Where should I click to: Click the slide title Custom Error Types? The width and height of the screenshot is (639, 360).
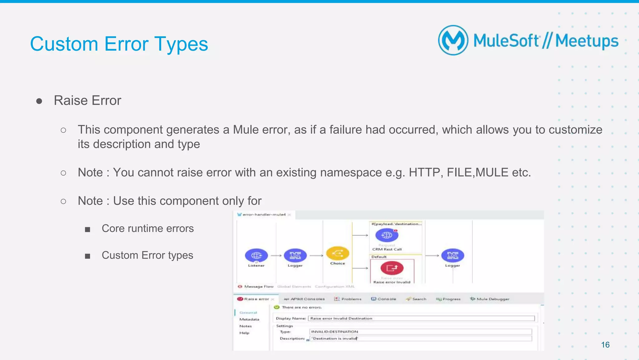(x=119, y=44)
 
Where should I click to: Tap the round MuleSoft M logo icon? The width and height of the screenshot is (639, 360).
(x=453, y=40)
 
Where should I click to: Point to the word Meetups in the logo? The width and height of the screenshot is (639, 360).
(x=587, y=41)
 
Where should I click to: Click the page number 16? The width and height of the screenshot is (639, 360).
(x=605, y=345)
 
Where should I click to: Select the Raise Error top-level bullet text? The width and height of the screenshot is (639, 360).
(x=87, y=101)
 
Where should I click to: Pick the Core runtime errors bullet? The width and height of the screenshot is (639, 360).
(x=148, y=229)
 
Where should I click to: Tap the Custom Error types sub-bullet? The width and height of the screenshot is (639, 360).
(x=147, y=255)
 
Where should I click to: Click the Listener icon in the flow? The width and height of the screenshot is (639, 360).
(x=256, y=255)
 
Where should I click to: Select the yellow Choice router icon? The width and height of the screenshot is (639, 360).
(x=338, y=253)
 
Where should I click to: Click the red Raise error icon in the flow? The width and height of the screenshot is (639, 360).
(x=392, y=268)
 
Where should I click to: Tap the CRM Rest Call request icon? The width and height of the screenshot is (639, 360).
(x=387, y=235)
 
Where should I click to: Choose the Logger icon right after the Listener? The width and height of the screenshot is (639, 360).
(x=295, y=255)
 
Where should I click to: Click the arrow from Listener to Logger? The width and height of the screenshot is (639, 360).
(x=276, y=256)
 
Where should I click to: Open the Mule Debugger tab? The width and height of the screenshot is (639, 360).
(x=490, y=299)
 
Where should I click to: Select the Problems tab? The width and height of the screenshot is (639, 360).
(x=348, y=299)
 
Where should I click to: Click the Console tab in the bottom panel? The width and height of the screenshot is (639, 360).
(x=384, y=299)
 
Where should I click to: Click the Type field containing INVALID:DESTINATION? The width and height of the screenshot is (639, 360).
(x=420, y=332)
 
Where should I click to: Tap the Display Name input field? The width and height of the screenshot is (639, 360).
(x=421, y=318)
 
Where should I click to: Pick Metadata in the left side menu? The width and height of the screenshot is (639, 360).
(x=249, y=319)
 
